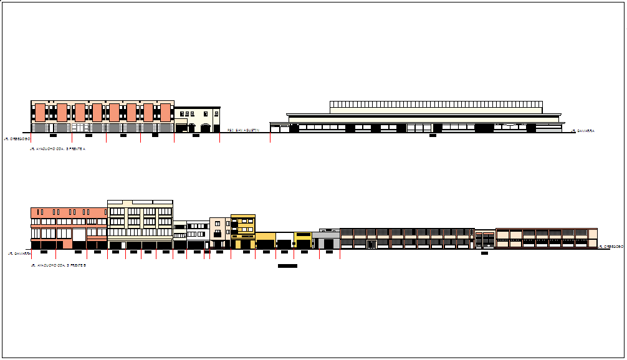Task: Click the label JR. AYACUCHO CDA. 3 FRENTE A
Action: point(57,149)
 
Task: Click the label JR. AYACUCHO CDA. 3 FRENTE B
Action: point(57,265)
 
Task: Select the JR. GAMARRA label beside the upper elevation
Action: point(582,131)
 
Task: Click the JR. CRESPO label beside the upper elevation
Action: point(16,139)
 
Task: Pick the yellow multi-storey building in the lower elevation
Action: point(243,229)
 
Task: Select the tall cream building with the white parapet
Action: point(140,221)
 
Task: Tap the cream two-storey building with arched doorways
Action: point(197,120)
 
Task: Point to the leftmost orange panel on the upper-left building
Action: point(40,112)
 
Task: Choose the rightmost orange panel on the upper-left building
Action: point(165,112)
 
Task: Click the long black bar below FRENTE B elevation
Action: point(287,266)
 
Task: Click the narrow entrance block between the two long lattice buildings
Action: point(485,239)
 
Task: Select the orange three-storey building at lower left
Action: point(69,224)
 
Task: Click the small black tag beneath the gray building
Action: point(329,252)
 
